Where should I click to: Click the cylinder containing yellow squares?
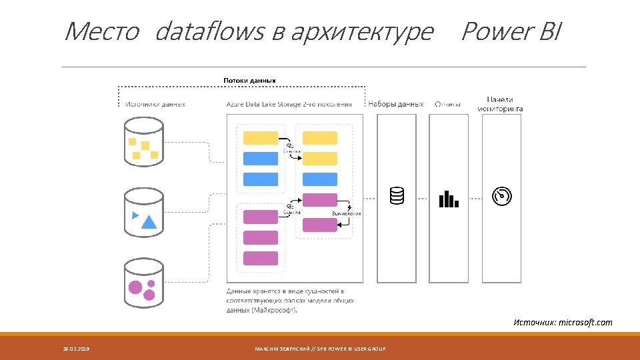pos(144,141)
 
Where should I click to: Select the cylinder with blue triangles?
pos(144,212)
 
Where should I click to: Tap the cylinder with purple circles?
pos(144,284)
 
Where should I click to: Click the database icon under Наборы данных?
pos(397,195)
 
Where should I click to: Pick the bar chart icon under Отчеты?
pos(449,198)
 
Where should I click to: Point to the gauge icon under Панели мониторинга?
pos(501,195)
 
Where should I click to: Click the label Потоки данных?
pos(249,81)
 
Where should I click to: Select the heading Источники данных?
pos(155,104)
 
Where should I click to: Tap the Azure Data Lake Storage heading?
pos(289,104)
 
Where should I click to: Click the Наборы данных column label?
pos(396,104)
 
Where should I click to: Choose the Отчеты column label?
pos(447,104)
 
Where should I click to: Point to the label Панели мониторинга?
pos(500,103)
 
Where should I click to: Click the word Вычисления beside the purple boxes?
pos(347,213)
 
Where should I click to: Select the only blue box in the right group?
pos(320,179)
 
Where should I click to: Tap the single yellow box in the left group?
pos(261,138)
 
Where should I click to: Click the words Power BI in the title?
pos(511,31)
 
